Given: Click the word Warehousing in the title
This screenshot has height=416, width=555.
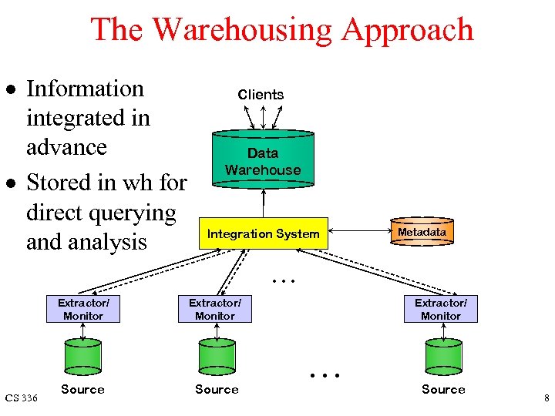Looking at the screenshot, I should click(x=242, y=29).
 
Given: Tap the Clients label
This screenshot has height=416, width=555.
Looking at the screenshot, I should click(x=261, y=94).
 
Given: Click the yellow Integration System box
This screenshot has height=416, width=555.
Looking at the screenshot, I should click(x=263, y=233).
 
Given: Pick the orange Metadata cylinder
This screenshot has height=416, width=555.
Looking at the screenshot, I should click(x=422, y=232).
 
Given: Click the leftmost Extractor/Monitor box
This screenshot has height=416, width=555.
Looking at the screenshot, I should click(x=83, y=309).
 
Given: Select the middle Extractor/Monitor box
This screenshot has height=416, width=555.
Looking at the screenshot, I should click(x=215, y=309).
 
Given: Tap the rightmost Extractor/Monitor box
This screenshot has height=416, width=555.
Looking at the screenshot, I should click(x=441, y=309).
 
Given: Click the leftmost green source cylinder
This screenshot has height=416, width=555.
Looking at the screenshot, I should click(x=83, y=357).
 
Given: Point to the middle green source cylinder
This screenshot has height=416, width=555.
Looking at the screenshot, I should click(x=217, y=357).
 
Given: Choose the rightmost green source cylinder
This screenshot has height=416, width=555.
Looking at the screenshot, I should click(x=443, y=357).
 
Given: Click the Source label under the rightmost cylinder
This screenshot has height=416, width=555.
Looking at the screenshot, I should click(x=443, y=389).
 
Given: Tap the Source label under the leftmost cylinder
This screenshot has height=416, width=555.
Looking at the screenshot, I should click(x=82, y=389).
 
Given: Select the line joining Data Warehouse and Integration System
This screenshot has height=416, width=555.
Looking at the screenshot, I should click(x=264, y=203).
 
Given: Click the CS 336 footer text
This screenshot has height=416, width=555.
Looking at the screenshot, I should click(x=21, y=398).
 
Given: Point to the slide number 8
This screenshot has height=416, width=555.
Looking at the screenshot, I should click(x=546, y=398).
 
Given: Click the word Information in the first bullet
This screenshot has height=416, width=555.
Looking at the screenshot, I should click(x=85, y=89).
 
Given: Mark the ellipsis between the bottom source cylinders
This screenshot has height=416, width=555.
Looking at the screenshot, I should click(x=324, y=376).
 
